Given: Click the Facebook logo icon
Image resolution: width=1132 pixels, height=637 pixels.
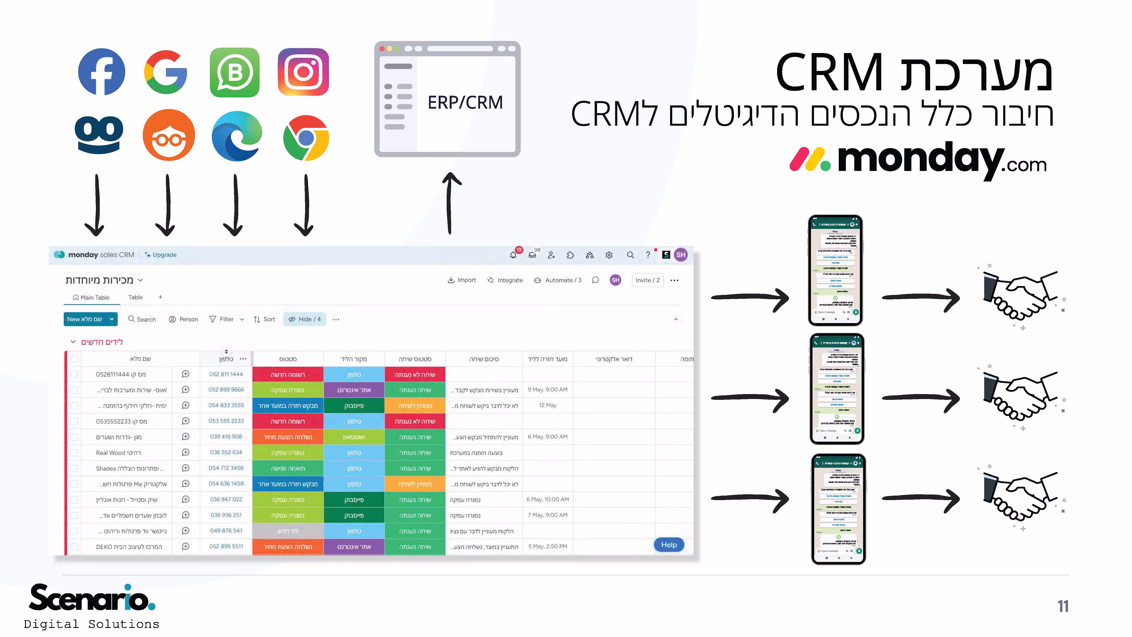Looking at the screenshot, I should click(101, 72).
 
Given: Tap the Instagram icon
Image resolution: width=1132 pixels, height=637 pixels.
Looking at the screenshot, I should click(303, 72).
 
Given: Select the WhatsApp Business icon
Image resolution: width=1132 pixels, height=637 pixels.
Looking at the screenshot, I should click(235, 72).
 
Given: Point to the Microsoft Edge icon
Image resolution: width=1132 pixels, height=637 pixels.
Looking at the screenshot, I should click(237, 136).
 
